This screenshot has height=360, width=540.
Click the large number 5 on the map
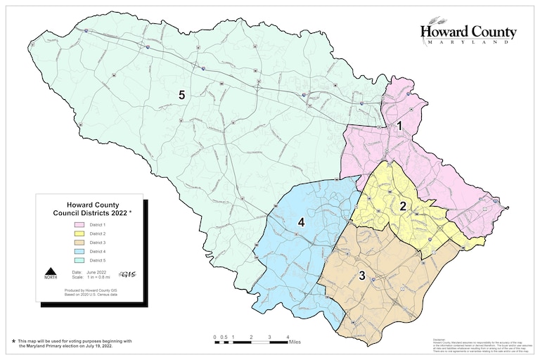tap(181, 96)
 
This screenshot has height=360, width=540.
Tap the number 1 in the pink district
tap(399, 126)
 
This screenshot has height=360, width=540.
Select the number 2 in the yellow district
tap(403, 206)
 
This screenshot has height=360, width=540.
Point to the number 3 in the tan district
tap(362, 275)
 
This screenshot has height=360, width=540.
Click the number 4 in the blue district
tap(301, 222)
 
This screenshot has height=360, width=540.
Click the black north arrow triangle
tap(51, 272)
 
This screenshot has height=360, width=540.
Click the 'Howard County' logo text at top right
tap(468, 32)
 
